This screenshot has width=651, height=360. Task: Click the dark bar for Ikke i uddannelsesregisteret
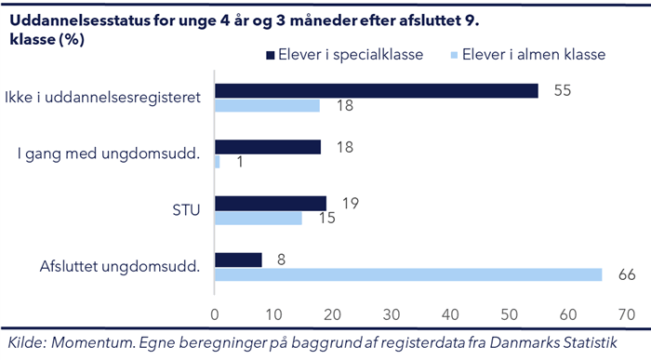point(377,90)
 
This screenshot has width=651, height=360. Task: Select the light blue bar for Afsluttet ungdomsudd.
point(408,274)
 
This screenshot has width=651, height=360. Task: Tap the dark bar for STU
point(271,203)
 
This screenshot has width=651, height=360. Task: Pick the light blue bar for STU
point(259,218)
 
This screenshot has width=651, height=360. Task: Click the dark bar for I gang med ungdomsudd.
point(268,147)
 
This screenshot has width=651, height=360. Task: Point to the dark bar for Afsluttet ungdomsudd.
point(238,260)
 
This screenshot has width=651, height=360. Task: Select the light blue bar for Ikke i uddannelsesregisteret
point(267,105)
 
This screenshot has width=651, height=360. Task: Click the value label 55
point(563,90)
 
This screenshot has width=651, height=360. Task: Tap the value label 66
point(627,274)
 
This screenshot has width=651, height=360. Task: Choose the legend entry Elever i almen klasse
point(531,54)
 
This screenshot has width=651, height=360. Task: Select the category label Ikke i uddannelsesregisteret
point(103,98)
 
